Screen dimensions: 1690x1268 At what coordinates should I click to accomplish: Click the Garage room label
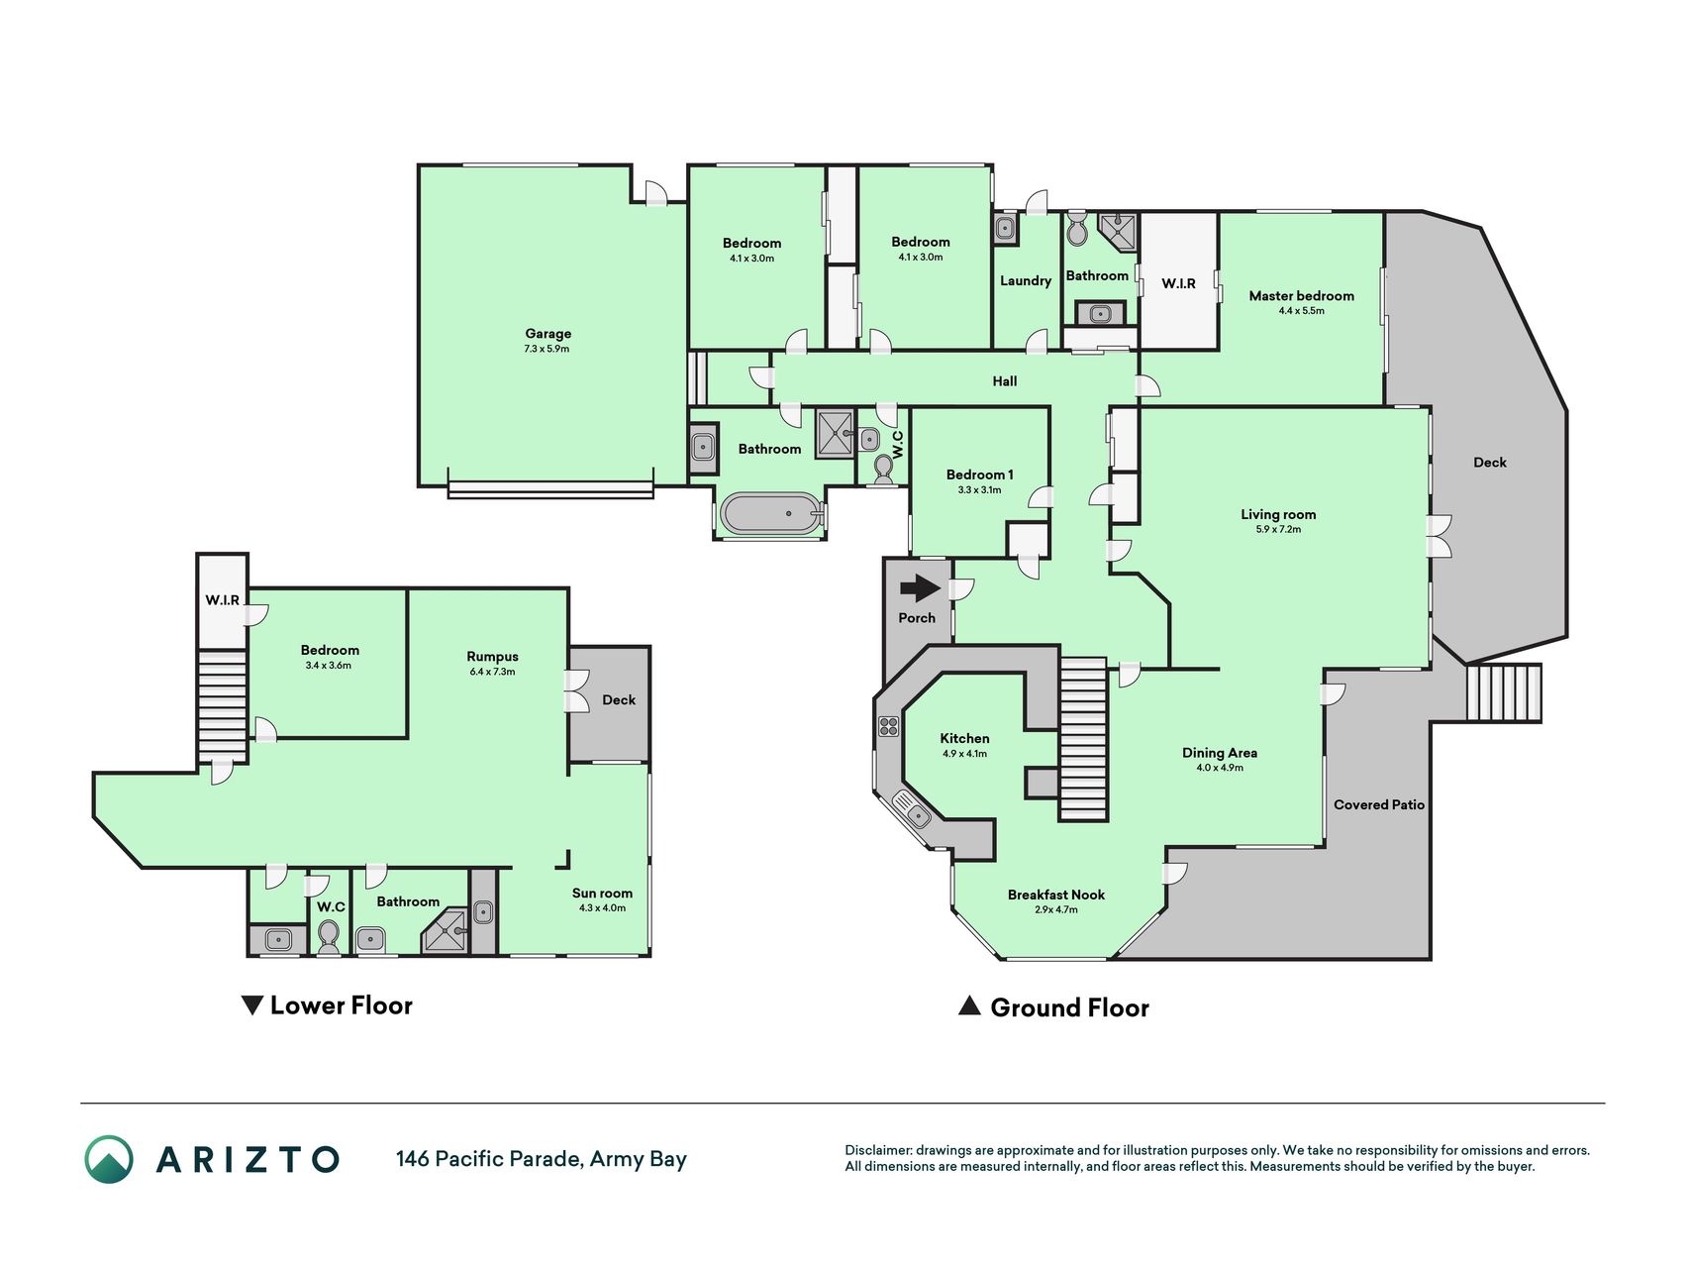[x=547, y=334]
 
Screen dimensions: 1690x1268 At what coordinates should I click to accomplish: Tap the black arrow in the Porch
[x=920, y=589]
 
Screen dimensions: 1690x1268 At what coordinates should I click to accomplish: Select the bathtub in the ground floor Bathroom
[x=771, y=514]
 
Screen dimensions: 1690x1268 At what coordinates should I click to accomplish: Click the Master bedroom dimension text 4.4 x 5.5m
[x=1301, y=311]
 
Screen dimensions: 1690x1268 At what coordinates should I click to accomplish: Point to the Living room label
[x=1278, y=514]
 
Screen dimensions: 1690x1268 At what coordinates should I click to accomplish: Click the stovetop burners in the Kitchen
[x=887, y=726]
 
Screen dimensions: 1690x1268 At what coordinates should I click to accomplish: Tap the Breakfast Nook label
[x=1055, y=895]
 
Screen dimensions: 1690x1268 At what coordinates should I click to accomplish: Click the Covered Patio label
[x=1378, y=804]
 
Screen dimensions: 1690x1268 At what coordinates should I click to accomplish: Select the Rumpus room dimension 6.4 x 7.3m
[x=492, y=672]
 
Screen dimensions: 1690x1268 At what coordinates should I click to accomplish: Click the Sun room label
[x=602, y=894]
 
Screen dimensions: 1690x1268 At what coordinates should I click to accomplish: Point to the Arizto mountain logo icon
[x=108, y=1159]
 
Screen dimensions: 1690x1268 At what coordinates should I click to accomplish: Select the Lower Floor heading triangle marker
[x=252, y=1005]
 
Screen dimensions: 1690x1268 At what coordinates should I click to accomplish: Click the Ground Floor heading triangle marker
[x=969, y=1006]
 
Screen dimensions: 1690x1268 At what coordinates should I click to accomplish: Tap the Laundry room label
[x=1025, y=280]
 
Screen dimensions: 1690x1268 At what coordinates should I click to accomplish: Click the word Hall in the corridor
[x=1004, y=381]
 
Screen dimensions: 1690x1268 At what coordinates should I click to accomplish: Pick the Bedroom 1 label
[x=979, y=475]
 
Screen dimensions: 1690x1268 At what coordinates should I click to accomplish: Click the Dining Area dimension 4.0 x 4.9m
[x=1219, y=768]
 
